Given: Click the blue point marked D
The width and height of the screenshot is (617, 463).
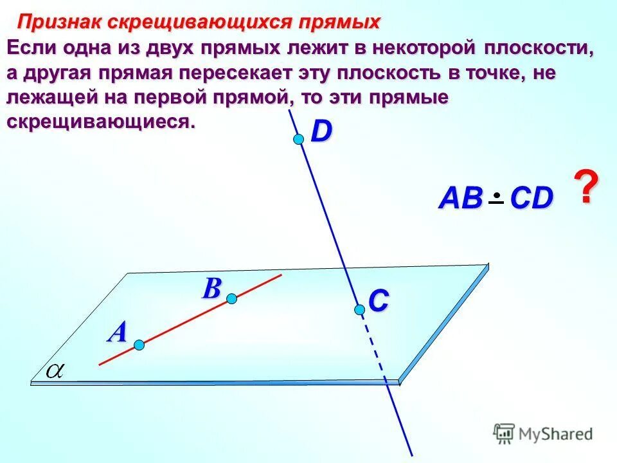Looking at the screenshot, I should (298, 140).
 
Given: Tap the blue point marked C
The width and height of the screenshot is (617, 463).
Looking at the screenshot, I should (359, 310).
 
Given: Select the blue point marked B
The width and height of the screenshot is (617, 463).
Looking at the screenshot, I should (231, 298).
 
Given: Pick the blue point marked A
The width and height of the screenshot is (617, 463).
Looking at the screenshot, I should (139, 345).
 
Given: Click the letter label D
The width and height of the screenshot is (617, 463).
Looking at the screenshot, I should (321, 132).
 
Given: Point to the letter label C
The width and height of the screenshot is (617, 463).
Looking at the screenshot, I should (379, 300).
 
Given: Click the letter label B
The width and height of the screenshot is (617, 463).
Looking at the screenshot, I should (211, 289).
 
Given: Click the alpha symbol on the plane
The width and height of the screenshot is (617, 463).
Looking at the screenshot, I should (55, 370).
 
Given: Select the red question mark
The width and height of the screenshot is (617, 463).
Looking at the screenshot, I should (585, 188).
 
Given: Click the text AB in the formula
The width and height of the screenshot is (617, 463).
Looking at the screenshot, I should (460, 199).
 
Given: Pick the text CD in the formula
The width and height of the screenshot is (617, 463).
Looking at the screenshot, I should (532, 199).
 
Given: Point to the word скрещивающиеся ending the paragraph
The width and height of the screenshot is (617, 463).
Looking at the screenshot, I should (100, 122).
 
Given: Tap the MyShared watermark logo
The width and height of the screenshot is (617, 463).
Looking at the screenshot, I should (543, 433).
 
